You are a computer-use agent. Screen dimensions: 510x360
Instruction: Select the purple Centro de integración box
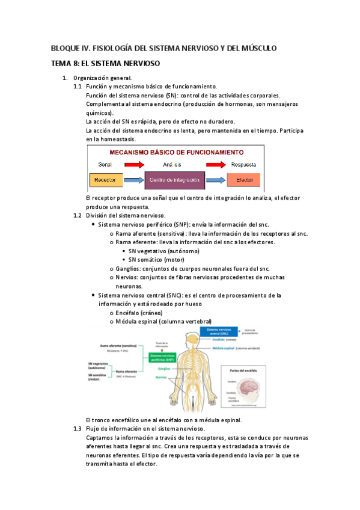pyautogui.click(x=174, y=180)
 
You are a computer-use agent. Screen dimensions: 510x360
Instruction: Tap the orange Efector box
pyautogui.click(x=244, y=180)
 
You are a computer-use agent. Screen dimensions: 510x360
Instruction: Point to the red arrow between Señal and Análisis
pyautogui.click(x=130, y=164)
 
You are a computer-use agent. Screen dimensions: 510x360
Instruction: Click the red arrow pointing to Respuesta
pyautogui.click(x=217, y=164)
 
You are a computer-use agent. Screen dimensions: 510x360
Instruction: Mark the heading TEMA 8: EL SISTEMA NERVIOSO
pyautogui.click(x=105, y=63)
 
